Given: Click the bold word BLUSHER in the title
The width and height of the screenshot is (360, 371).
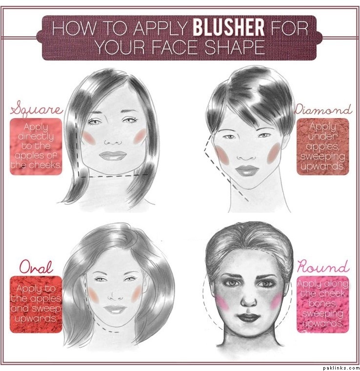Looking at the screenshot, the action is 228,28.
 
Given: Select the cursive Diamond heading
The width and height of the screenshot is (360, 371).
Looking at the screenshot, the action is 323,110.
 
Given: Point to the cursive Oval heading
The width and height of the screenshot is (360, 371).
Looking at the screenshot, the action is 36,267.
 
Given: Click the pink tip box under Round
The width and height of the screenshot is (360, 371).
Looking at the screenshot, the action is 323,305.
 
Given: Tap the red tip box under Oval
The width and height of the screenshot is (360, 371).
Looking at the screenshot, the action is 36,305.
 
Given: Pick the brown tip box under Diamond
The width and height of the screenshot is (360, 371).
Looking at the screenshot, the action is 323,147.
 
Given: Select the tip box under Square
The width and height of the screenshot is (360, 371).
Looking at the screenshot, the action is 36,147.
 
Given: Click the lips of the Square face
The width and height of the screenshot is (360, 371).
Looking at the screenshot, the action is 113,156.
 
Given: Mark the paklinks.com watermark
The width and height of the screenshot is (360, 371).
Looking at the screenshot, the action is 341,368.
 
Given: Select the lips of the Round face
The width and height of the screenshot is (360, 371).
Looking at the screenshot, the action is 248,318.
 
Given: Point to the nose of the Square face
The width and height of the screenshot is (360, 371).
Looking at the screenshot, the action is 113,141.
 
